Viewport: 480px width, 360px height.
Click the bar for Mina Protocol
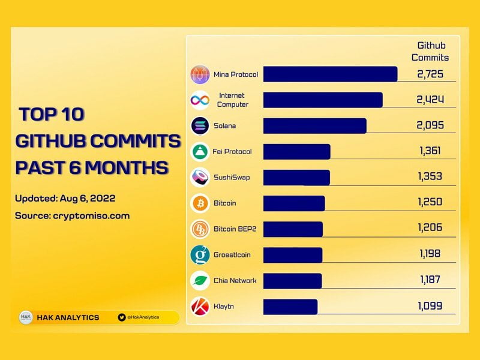click(x=330, y=74)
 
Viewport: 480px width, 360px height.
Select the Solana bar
click(x=314, y=126)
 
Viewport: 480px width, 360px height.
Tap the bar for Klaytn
click(x=290, y=307)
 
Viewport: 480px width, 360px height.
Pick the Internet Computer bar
click(x=323, y=100)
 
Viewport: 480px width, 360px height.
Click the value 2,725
click(x=430, y=74)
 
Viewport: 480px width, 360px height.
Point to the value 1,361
click(x=430, y=151)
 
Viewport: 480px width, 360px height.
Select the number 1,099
click(x=430, y=306)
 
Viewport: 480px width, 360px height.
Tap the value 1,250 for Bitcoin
click(x=430, y=203)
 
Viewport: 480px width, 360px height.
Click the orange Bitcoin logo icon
click(x=200, y=203)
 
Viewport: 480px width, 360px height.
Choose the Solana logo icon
click(x=200, y=126)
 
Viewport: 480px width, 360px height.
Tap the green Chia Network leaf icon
click(x=200, y=281)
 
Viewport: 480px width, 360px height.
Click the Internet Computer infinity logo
click(x=200, y=100)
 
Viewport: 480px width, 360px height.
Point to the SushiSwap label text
click(x=231, y=178)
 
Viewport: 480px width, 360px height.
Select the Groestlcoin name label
click(x=232, y=255)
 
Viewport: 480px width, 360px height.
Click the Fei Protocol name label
click(x=232, y=152)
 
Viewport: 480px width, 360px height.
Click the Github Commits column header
click(x=433, y=52)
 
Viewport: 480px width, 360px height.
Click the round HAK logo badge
click(x=26, y=317)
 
